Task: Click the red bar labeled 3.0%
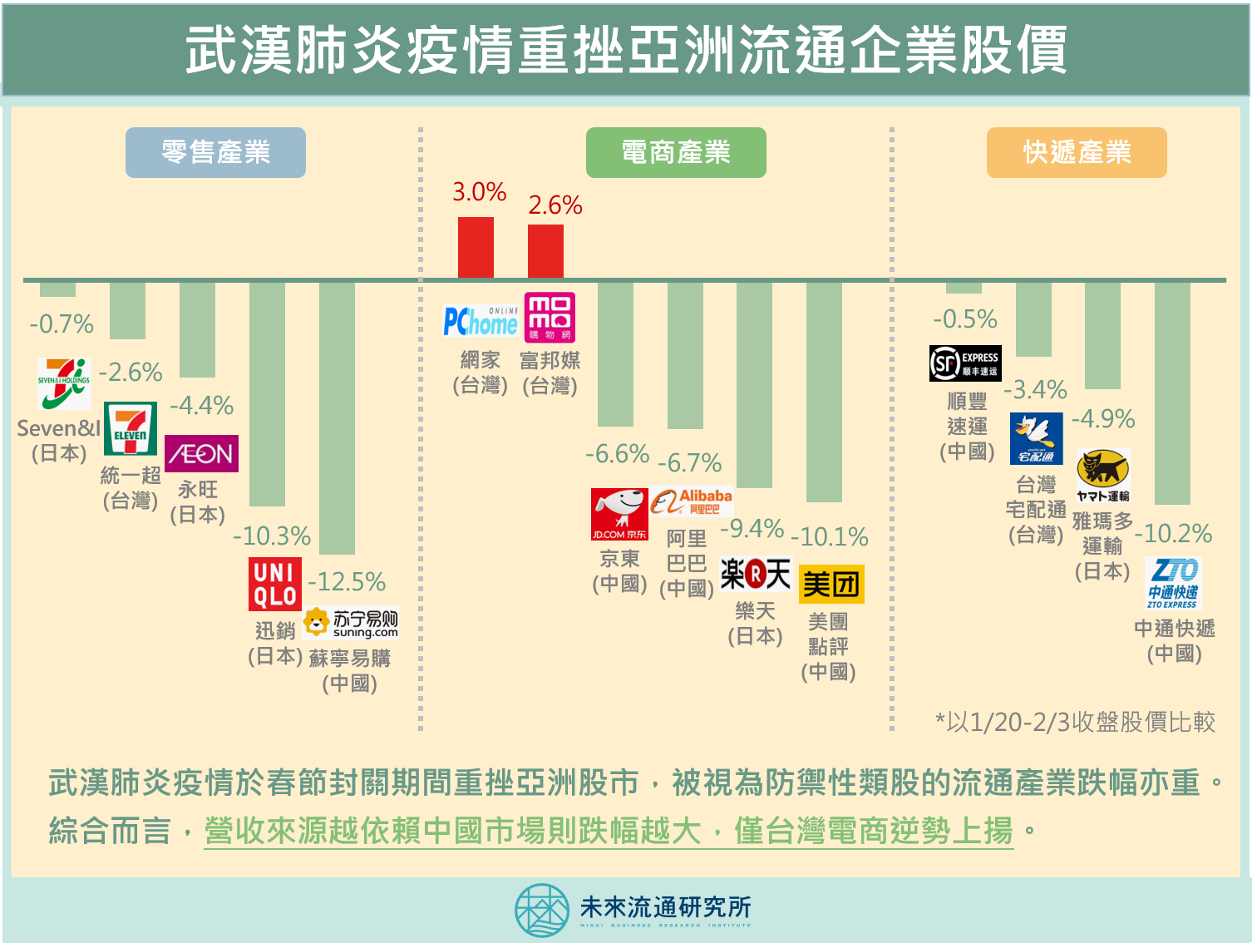[x=476, y=247]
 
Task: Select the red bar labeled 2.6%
[x=545, y=251]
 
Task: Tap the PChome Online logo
[x=481, y=321]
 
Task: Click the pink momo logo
[x=550, y=317]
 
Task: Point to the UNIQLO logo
[x=275, y=584]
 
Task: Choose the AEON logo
[x=201, y=453]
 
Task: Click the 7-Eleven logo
[x=130, y=428]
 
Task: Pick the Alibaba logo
[x=692, y=501]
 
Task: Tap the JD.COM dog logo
[x=619, y=514]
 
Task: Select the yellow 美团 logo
[x=831, y=584]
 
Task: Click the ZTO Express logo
[x=1173, y=583]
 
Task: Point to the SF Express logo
[x=965, y=363]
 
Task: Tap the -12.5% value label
[x=347, y=582]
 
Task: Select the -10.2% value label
[x=1173, y=533]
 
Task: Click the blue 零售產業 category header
[x=215, y=152]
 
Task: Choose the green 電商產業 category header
[x=676, y=152]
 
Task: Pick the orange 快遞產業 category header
[x=1077, y=152]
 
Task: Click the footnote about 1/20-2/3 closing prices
[x=1075, y=722]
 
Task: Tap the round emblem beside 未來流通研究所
[x=541, y=910]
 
